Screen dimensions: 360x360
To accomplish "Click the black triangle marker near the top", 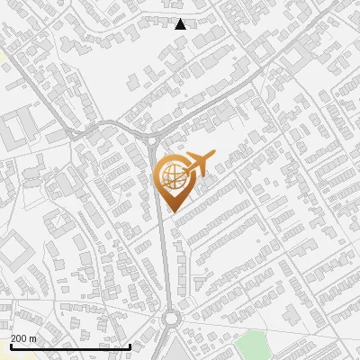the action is coord(181,24).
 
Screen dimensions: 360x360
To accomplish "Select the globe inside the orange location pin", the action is coord(171,176).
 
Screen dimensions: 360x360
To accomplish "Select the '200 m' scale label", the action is coord(24,338).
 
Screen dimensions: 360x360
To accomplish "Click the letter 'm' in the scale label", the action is coord(33,338).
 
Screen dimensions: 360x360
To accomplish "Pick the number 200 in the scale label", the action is coord(20,338).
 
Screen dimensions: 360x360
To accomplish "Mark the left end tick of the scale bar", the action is coord(11,345).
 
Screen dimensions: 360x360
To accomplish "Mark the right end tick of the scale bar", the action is coord(130,345).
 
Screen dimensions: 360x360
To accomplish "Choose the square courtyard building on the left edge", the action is coord(13,248).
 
